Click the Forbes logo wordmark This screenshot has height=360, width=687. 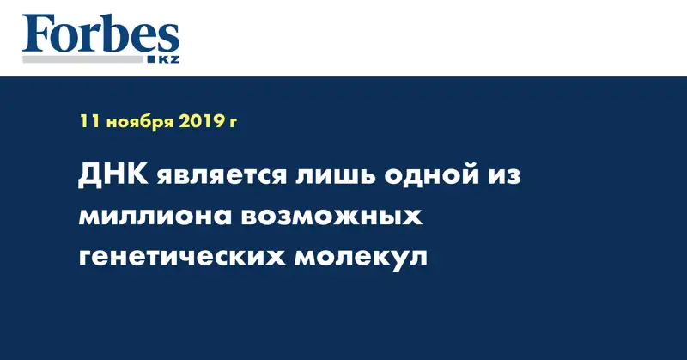point(100,35)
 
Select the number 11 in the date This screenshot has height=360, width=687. point(88,123)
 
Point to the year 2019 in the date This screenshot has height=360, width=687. point(200,123)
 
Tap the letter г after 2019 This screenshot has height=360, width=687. point(233,125)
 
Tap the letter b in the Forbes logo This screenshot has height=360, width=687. point(111,35)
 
